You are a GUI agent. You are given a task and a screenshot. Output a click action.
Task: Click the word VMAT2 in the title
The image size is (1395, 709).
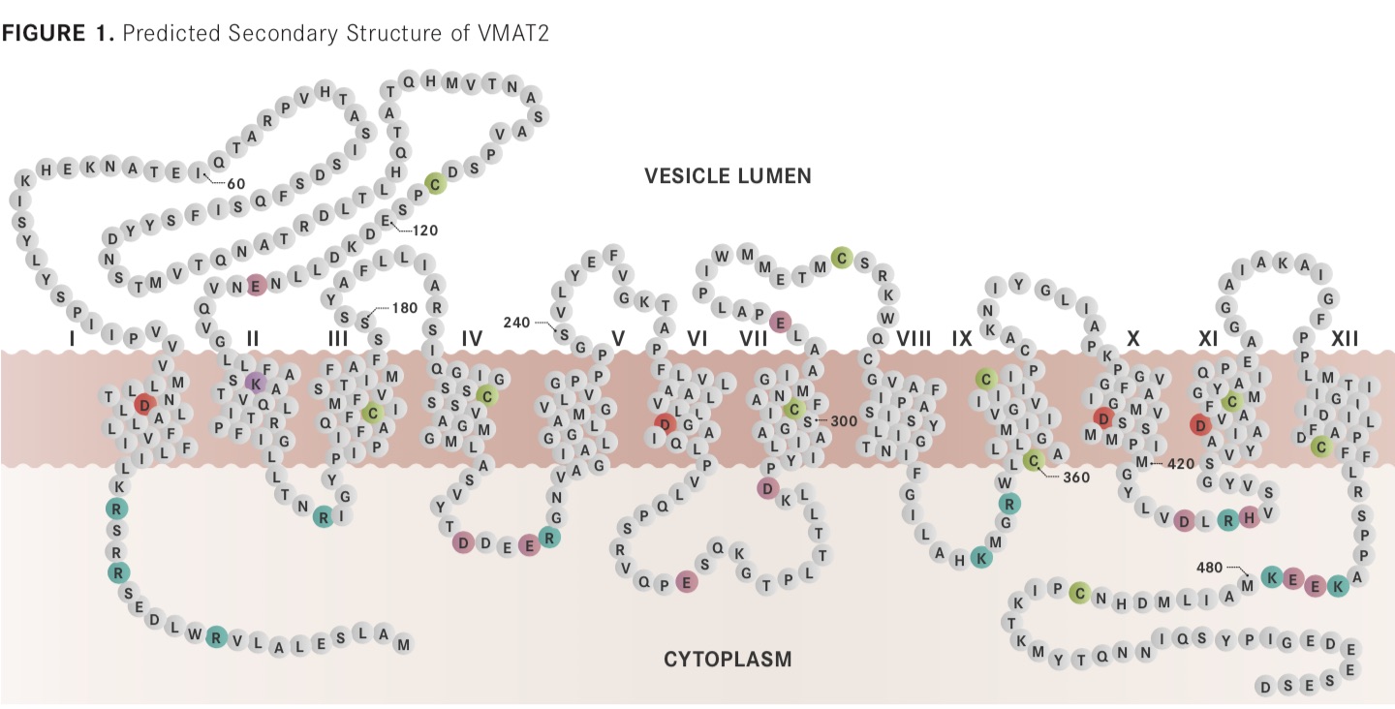point(513,33)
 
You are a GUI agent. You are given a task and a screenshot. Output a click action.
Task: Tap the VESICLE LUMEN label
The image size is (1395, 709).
point(728,176)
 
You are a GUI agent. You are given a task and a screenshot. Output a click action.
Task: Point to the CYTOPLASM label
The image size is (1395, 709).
point(728,659)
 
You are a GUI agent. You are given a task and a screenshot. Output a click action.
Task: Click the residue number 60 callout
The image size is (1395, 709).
point(236,184)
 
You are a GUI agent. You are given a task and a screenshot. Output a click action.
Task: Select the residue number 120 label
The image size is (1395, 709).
point(425,231)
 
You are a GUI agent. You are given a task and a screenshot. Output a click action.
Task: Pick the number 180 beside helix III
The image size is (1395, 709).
point(405,307)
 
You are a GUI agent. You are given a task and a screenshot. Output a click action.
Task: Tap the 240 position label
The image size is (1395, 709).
point(516,322)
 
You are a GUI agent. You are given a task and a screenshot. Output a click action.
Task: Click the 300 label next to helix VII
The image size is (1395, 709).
point(844,421)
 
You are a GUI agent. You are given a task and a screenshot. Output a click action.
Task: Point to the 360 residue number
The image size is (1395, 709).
point(1076,478)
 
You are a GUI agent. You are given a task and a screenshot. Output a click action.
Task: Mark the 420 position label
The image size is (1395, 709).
point(1181,464)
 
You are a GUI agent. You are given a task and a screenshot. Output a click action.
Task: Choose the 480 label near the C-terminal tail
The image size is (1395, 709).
point(1209,567)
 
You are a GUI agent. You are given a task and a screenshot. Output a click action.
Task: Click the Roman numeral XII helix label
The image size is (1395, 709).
point(1345,339)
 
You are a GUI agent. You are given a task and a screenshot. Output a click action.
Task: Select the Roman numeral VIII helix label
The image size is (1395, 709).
point(914,339)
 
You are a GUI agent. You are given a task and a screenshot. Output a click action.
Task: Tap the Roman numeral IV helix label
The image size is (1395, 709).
point(472,339)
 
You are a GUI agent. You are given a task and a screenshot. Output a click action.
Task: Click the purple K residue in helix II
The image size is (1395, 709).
point(256,384)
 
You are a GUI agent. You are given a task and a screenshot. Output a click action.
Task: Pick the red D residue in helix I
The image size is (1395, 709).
point(144,405)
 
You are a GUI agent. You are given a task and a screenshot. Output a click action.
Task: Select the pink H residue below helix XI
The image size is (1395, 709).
point(1250,517)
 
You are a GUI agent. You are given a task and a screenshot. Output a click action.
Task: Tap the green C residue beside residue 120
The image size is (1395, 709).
point(435,184)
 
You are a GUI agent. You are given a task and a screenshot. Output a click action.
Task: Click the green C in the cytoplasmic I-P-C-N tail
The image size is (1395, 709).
point(1079,593)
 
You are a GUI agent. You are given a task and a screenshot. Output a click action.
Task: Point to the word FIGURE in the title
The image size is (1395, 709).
point(44,33)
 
